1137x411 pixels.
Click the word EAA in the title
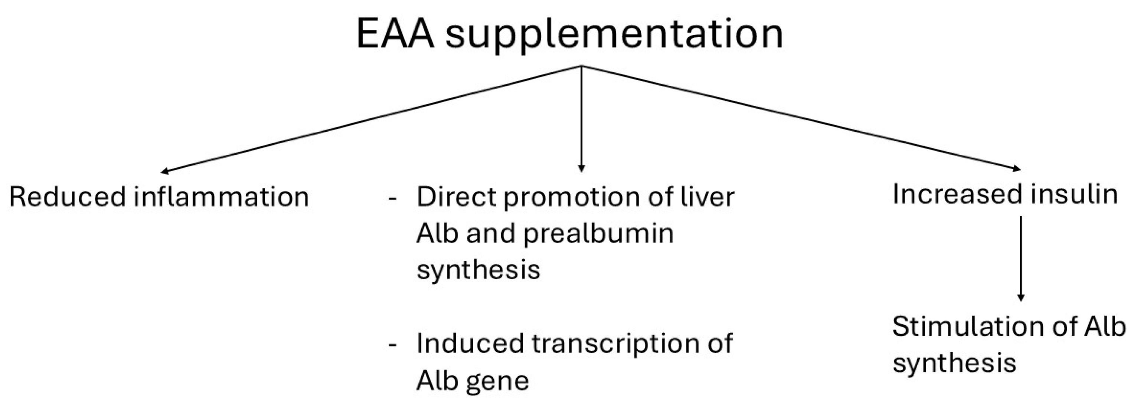pos(395,34)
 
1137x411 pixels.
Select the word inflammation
pos(221,197)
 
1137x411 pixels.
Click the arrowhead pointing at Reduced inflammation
pos(165,171)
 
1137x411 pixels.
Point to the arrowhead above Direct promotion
pos(581,168)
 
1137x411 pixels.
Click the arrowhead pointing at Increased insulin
pos(1016,169)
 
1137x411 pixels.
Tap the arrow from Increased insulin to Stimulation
pos(1020,260)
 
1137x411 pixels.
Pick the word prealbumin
pos(598,233)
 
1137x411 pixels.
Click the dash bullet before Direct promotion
pos(392,198)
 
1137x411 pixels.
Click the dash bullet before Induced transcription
pos(392,345)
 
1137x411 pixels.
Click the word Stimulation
pos(967,327)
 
